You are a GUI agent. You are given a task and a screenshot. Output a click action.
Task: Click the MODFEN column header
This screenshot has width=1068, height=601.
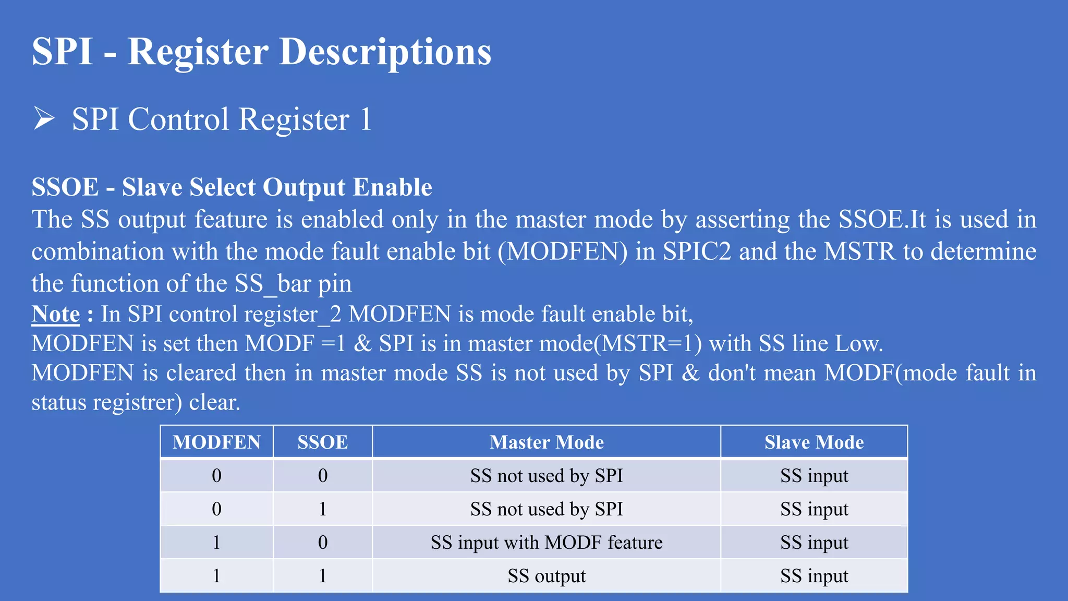pyautogui.click(x=216, y=442)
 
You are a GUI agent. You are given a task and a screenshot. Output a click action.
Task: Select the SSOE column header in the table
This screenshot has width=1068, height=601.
pyautogui.click(x=322, y=442)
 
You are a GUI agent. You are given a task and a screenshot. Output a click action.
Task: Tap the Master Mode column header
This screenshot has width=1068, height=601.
pyautogui.click(x=547, y=442)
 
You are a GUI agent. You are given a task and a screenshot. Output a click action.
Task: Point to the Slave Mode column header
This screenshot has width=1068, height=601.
pyautogui.click(x=814, y=442)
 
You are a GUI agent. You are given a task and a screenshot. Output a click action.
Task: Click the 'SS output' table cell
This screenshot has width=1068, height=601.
pyautogui.click(x=547, y=576)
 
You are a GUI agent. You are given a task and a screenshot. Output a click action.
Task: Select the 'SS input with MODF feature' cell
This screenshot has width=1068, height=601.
pyautogui.click(x=547, y=543)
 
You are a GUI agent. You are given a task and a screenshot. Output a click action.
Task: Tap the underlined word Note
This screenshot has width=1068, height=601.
pyautogui.click(x=56, y=314)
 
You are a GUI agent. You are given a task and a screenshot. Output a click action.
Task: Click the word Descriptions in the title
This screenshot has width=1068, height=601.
pyautogui.click(x=385, y=52)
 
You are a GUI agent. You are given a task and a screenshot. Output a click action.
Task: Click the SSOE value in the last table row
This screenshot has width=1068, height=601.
pyautogui.click(x=323, y=576)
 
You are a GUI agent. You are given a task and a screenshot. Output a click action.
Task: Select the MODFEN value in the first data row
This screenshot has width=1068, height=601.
pyautogui.click(x=216, y=476)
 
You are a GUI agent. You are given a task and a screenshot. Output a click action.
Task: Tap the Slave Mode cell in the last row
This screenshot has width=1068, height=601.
pyautogui.click(x=814, y=576)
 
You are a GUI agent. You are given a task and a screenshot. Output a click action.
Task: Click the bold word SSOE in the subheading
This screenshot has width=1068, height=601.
pyautogui.click(x=65, y=187)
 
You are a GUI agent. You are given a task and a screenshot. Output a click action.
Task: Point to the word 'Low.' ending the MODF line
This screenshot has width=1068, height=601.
pyautogui.click(x=859, y=344)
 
